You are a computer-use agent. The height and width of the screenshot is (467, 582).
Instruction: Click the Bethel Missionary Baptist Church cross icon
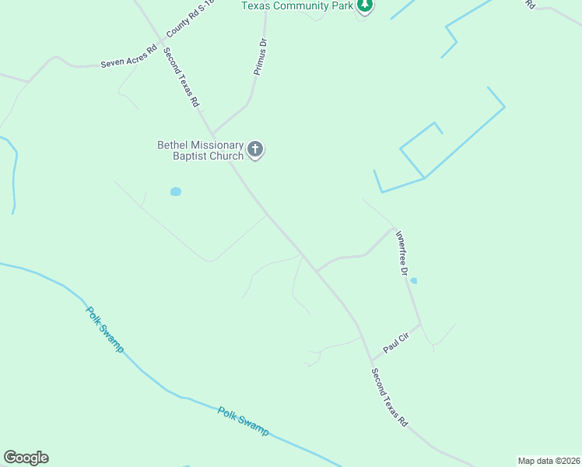[256, 149]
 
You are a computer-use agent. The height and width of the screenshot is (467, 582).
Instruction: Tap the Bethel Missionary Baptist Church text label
[201, 149]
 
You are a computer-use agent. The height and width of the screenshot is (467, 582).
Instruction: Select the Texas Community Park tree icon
[365, 6]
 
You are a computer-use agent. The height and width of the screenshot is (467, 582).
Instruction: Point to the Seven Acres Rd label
[128, 62]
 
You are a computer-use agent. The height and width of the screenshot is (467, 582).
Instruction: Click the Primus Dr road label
[261, 58]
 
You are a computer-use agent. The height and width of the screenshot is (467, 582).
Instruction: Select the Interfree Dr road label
[401, 253]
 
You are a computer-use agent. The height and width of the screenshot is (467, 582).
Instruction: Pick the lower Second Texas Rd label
[389, 397]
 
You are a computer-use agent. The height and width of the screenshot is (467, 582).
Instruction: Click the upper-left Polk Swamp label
[103, 327]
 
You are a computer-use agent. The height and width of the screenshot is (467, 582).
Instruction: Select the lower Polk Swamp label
[243, 421]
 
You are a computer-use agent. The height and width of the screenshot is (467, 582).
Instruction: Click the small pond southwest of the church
[175, 191]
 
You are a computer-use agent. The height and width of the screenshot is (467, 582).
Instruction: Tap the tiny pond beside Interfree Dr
[413, 281]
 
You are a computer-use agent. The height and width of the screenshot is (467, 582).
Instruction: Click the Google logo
[26, 458]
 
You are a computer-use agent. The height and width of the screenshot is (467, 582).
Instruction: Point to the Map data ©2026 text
[549, 460]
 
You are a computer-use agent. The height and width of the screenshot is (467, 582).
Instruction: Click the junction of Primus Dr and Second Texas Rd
[212, 133]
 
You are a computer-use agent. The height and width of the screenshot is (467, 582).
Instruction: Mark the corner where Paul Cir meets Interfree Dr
[421, 324]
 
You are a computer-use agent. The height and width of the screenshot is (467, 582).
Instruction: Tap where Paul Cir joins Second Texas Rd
[371, 360]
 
